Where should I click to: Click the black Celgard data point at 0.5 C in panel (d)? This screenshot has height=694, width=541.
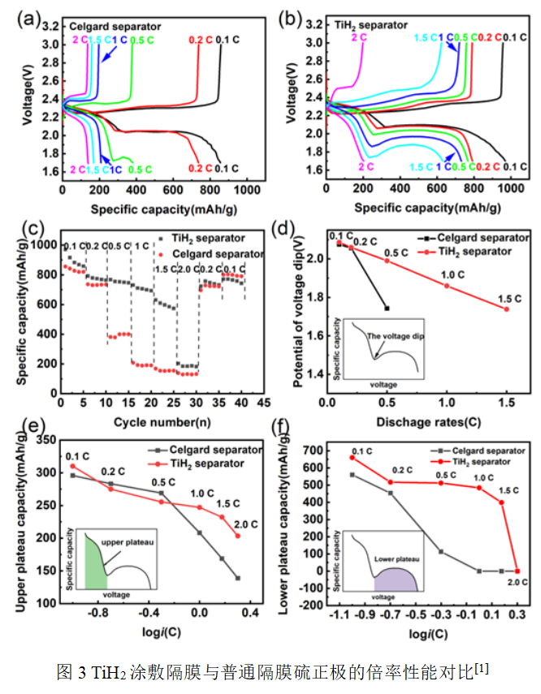[x=387, y=308]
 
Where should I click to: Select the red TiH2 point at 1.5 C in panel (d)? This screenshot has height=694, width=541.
[x=507, y=308]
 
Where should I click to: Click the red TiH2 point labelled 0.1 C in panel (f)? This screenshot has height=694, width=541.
[x=352, y=457]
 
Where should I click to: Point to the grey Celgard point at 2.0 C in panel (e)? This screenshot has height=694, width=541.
[x=237, y=578]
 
